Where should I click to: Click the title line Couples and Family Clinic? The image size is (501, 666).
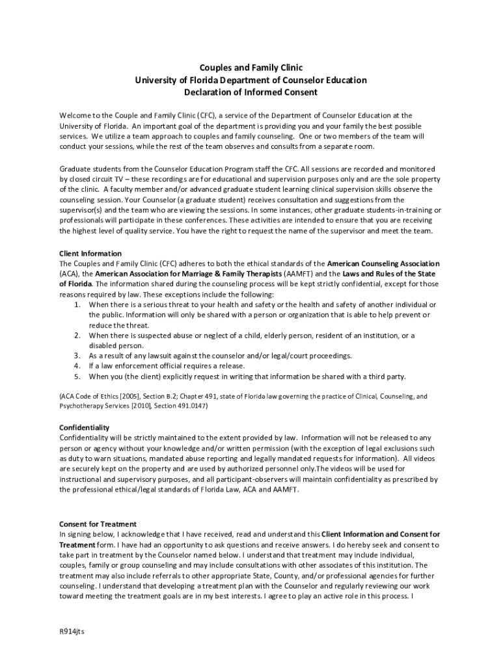(x=251, y=68)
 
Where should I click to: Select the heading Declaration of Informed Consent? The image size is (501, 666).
(x=251, y=92)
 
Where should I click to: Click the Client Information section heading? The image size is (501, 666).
(x=90, y=253)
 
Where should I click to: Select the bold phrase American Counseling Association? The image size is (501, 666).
(x=383, y=263)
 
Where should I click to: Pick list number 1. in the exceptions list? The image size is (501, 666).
(x=77, y=304)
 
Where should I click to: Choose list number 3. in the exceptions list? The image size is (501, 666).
(x=77, y=356)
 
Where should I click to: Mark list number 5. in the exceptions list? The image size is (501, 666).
(x=77, y=376)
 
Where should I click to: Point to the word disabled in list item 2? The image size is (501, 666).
(x=103, y=345)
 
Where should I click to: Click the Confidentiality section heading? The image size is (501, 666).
(x=85, y=427)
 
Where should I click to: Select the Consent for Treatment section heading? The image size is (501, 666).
(x=98, y=524)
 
